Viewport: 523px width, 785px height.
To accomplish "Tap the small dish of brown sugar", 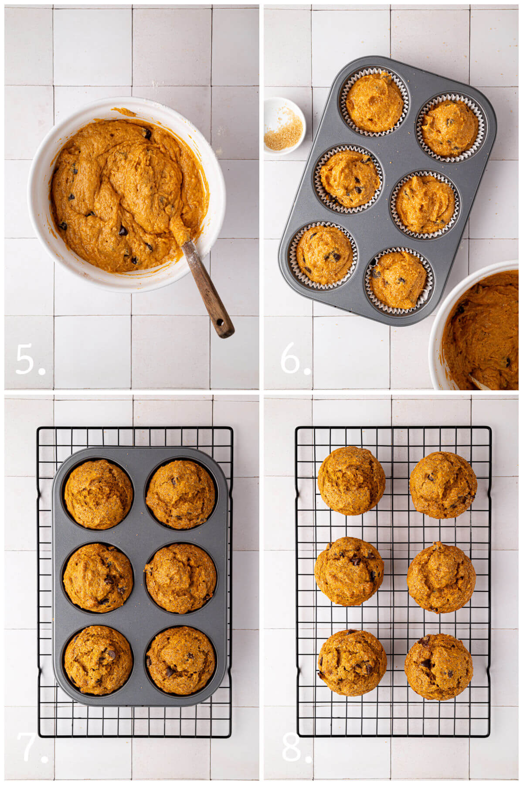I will click(x=284, y=126).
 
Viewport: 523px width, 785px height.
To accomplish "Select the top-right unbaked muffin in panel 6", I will click(x=450, y=127).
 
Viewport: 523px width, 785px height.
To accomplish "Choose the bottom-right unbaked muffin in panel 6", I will click(x=398, y=280).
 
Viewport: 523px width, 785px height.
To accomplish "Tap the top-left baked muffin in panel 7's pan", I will click(x=98, y=494).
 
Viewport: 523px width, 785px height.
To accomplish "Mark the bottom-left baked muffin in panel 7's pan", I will click(x=98, y=659).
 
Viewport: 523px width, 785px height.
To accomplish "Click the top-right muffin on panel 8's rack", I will click(x=443, y=485).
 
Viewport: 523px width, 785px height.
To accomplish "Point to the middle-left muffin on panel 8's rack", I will click(x=349, y=571).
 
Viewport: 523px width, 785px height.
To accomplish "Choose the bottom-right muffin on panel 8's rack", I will click(x=438, y=666).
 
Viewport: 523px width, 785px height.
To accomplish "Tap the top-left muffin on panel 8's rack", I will click(x=351, y=481).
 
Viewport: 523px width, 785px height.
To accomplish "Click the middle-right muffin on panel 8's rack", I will click(x=441, y=577).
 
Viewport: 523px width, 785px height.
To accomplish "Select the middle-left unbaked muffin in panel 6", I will click(x=350, y=179).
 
